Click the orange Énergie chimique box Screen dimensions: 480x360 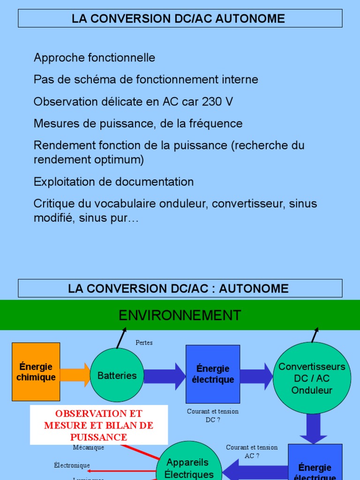click(x=36, y=372)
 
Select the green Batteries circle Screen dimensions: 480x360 click(x=117, y=375)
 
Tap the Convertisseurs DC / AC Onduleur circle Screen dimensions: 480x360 click(x=312, y=378)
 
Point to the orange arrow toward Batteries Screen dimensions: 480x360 click(x=75, y=375)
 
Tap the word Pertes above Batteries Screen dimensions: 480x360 click(x=144, y=343)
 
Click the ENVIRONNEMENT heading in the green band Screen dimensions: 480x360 click(x=180, y=315)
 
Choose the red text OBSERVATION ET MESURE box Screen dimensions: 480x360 click(x=99, y=425)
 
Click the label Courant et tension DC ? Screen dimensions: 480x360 click(x=212, y=415)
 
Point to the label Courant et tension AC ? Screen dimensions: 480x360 click(x=252, y=451)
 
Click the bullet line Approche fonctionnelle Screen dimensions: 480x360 click(x=94, y=58)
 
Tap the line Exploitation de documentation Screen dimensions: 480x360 click(x=113, y=181)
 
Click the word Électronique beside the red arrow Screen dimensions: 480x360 click(x=72, y=465)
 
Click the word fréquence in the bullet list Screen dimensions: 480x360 click(x=217, y=124)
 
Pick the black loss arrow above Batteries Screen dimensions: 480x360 click(x=121, y=338)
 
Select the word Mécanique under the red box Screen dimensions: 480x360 click(x=89, y=448)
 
